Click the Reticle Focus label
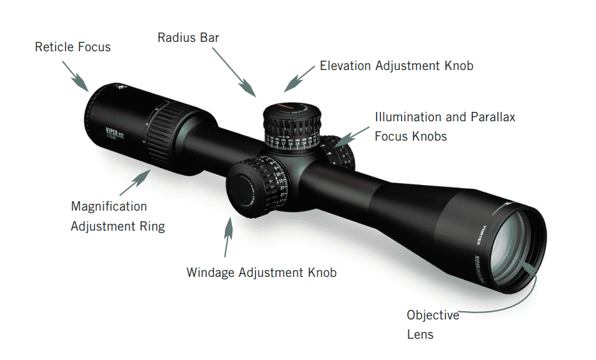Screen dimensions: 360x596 tap(72, 47)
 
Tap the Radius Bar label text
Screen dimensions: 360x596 tap(188, 37)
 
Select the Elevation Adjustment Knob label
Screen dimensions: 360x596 tap(396, 66)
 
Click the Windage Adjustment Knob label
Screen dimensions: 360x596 tap(261, 272)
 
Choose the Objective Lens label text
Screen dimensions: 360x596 tap(432, 324)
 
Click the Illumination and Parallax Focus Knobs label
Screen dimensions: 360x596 tap(444, 126)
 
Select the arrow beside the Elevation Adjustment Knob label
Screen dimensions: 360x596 tap(299, 77)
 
